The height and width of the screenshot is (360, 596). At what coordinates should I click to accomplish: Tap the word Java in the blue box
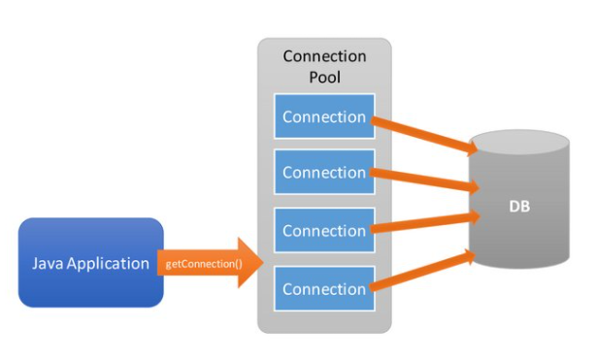pyautogui.click(x=50, y=263)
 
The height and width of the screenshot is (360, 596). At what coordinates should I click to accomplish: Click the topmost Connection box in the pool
pyautogui.click(x=323, y=117)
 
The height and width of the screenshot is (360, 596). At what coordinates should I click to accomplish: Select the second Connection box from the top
pyautogui.click(x=323, y=173)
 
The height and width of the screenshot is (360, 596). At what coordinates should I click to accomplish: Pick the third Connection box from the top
pyautogui.click(x=323, y=231)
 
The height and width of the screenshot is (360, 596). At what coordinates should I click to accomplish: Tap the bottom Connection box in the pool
pyautogui.click(x=323, y=289)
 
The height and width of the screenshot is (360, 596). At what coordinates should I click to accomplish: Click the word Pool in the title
pyautogui.click(x=324, y=77)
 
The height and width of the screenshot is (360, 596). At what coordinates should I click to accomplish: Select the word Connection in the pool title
pyautogui.click(x=324, y=56)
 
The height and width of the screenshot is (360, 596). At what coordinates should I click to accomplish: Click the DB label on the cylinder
pyautogui.click(x=518, y=207)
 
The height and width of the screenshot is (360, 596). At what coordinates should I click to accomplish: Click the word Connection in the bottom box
pyautogui.click(x=323, y=289)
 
